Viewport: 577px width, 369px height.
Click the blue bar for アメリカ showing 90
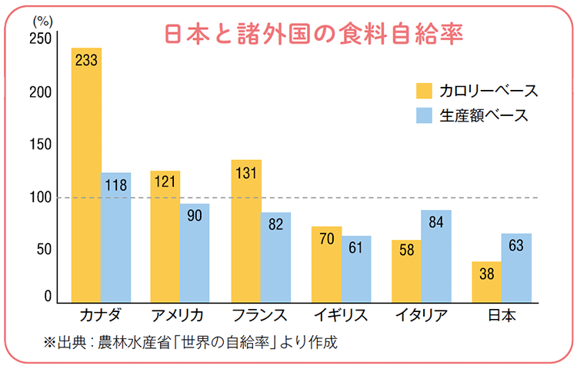click(x=195, y=253)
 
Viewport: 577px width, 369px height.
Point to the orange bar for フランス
click(x=246, y=231)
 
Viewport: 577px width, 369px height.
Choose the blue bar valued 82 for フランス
click(x=275, y=257)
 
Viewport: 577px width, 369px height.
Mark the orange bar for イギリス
click(x=326, y=264)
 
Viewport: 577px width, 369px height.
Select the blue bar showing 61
click(x=356, y=269)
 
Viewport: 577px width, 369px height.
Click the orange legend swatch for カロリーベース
click(x=424, y=91)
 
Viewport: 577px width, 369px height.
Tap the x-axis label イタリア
click(x=420, y=315)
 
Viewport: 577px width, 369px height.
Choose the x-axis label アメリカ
click(x=179, y=315)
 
